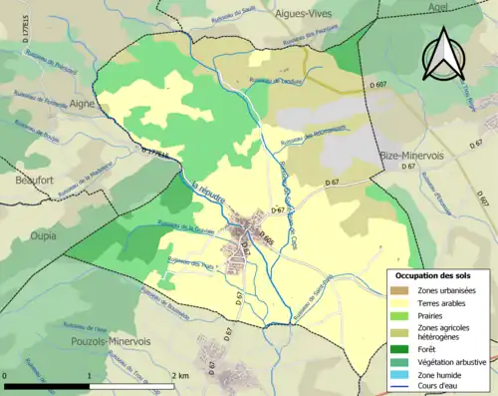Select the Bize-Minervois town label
pos(410,157)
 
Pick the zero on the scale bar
pos(5,375)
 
